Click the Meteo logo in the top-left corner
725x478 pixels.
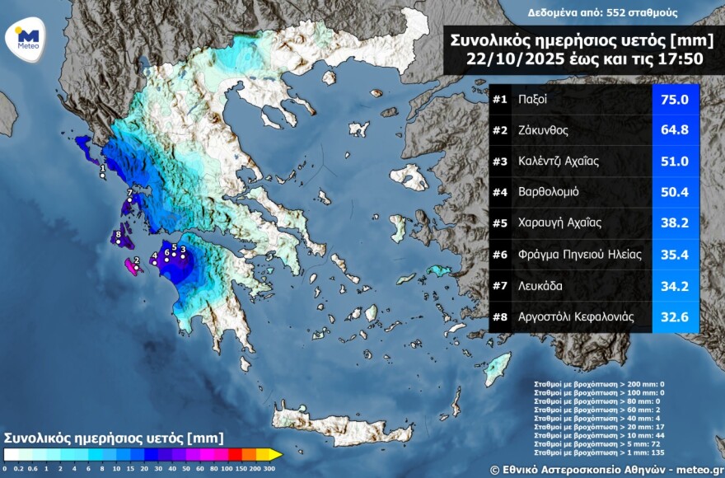coord(27,36)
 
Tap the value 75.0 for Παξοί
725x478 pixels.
coord(675,100)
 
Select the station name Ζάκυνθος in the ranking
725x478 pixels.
coord(543,130)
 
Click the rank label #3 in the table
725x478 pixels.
coord(499,162)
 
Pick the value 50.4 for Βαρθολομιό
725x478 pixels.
coord(675,192)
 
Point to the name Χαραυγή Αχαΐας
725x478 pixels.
coord(560,223)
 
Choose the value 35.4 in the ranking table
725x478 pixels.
coord(675,255)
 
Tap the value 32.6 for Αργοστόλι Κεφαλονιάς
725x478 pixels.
coord(675,316)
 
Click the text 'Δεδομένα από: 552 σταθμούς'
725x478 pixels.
coord(592,12)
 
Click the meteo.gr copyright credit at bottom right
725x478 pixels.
coord(606,469)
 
